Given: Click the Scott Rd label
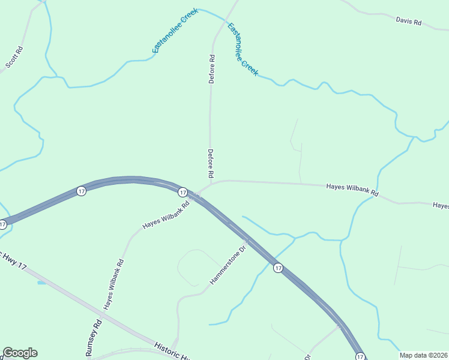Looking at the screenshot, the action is [14, 57].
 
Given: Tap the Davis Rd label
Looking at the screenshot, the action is [408, 22].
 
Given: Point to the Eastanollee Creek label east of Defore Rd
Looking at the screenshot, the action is [243, 49].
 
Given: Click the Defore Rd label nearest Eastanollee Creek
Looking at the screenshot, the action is [211, 69].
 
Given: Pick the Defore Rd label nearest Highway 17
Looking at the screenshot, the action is [211, 163].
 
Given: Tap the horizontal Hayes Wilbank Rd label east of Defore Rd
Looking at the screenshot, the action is [352, 190].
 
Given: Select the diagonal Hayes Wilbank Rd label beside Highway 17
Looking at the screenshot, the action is [166, 215].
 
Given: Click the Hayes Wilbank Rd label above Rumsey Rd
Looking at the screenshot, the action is [113, 284].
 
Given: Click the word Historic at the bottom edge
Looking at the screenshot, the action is [168, 350].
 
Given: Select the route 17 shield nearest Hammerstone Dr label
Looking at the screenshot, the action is [278, 268].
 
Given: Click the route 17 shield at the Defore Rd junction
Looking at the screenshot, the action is [182, 192].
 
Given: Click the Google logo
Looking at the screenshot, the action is [20, 353].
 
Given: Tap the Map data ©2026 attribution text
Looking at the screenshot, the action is [423, 355].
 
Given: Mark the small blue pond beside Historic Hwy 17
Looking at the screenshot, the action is [41, 282].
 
